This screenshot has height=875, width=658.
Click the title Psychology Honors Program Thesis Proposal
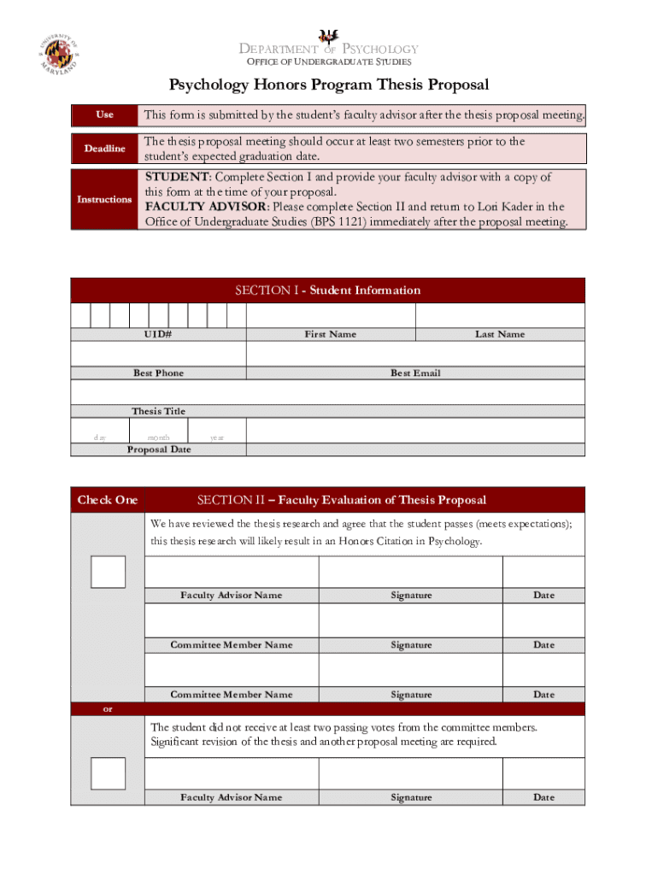328,85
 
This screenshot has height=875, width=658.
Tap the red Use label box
104,115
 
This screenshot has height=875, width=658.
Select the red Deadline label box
104,149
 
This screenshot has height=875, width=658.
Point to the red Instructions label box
104,199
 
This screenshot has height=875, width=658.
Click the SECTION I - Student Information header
328,291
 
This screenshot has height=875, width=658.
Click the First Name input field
330,315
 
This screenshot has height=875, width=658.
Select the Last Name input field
500,315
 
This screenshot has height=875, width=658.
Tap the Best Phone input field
158,354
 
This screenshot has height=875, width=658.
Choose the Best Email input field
415,354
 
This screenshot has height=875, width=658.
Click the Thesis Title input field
328,392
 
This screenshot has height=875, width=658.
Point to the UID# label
158,334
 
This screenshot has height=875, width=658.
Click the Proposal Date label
159,449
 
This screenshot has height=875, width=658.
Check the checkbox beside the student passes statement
108,572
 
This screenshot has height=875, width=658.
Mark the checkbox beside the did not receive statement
108,773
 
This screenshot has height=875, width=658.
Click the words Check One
108,500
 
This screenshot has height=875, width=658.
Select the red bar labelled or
328,709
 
